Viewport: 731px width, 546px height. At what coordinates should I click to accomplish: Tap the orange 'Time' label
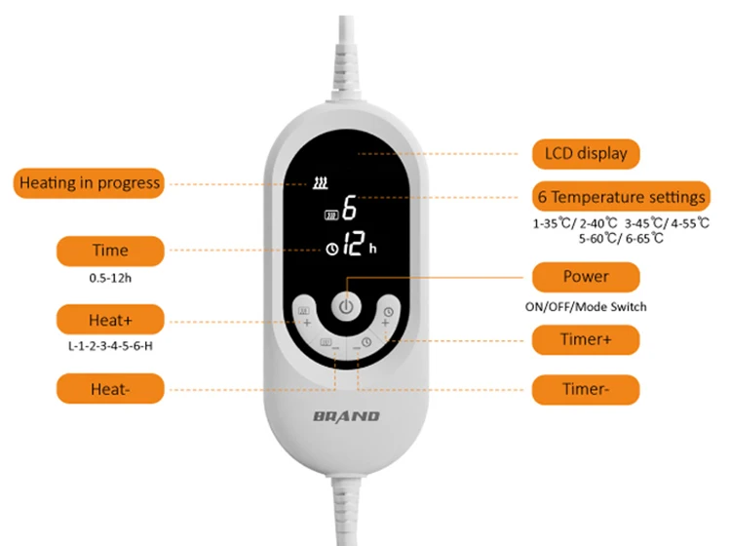pos(109,251)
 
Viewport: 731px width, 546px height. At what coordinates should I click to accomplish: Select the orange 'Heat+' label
pos(109,319)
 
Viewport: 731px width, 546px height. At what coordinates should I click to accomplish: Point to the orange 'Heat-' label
pos(109,388)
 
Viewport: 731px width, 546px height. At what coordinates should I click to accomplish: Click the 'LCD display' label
pos(586,153)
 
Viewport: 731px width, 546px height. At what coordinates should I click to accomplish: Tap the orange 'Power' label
pos(586,276)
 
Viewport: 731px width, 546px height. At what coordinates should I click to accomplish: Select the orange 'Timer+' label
pos(586,340)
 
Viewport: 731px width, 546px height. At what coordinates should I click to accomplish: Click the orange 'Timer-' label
pos(586,389)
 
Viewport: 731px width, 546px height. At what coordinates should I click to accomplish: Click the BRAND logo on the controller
pos(347,416)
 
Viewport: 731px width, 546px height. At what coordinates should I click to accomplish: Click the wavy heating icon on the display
pos(321,182)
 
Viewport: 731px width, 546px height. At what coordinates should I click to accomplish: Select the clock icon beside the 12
pos(331,250)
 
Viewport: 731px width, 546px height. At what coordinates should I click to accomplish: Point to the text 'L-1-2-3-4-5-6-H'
pos(109,346)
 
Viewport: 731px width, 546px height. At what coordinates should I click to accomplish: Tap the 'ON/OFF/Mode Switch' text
pos(586,306)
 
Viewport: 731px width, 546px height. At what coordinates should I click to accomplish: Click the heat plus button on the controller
pos(303,315)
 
